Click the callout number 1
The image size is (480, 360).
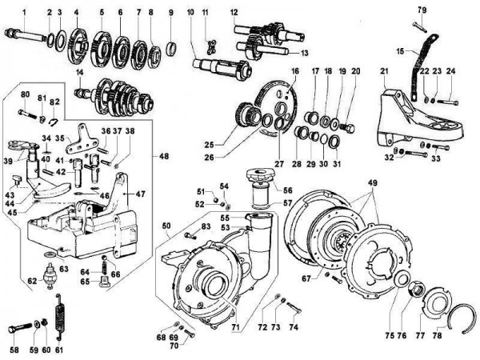[24, 11]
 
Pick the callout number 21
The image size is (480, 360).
[383, 71]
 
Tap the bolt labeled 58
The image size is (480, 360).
[21, 329]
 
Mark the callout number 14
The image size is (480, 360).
[79, 73]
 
